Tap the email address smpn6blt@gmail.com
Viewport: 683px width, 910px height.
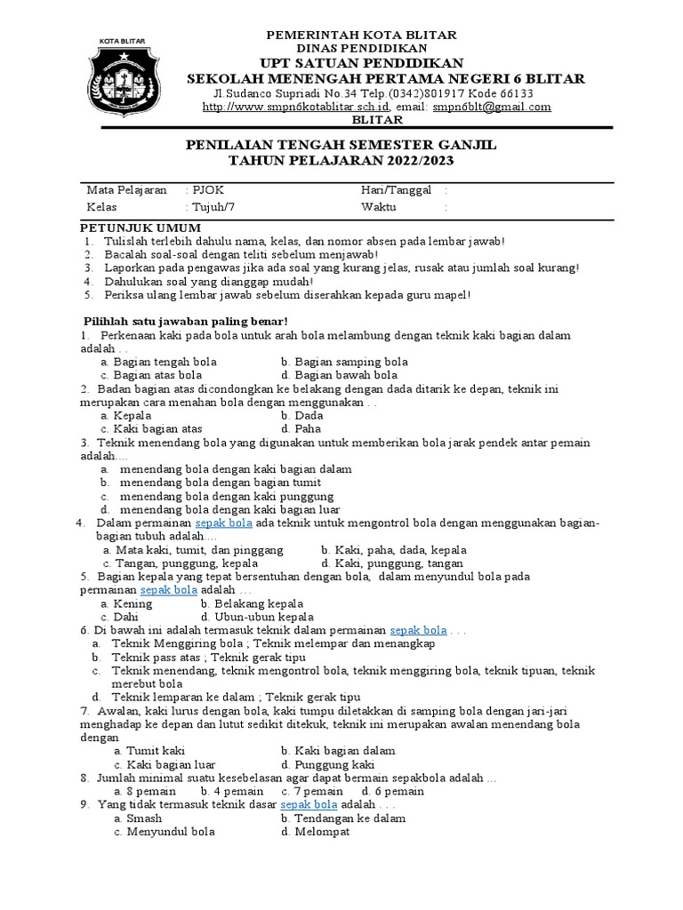pyautogui.click(x=492, y=107)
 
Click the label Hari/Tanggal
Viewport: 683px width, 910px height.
pyautogui.click(x=397, y=190)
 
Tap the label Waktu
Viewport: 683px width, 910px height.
pyautogui.click(x=380, y=206)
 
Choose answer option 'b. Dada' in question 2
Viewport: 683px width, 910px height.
pyautogui.click(x=301, y=415)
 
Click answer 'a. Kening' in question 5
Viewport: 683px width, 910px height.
pyautogui.click(x=127, y=603)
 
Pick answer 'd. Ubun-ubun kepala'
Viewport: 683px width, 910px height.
pyautogui.click(x=258, y=617)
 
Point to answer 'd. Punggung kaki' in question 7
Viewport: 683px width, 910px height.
pyautogui.click(x=328, y=764)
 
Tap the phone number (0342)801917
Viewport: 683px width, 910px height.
pyautogui.click(x=418, y=93)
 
